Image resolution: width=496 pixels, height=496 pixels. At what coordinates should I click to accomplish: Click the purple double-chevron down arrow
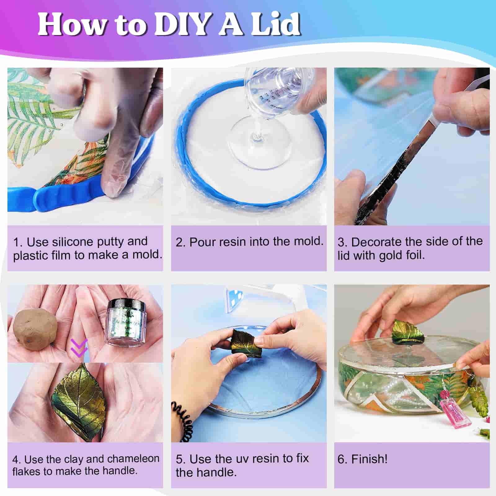pos(79,347)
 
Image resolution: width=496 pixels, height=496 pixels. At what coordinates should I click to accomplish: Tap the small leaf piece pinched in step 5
pos(245,343)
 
